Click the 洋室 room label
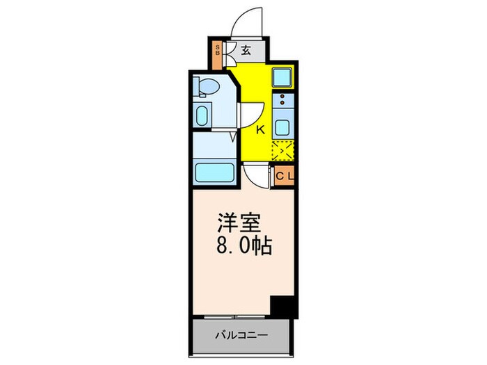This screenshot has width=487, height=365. point(241,226)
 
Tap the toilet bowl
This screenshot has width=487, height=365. point(207,86)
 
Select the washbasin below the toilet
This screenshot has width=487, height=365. point(202,115)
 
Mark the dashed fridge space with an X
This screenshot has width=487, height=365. point(284,151)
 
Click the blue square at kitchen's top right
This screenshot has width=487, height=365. point(284,77)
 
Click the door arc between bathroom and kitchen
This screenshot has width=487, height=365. point(250,114)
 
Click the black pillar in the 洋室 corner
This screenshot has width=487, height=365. point(283,305)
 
